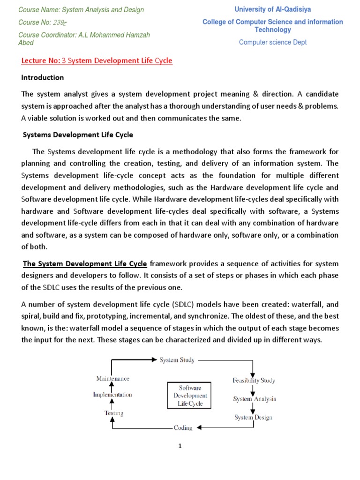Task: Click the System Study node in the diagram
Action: pos(177,360)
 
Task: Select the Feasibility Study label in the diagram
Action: pos(254,381)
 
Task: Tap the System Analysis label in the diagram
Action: pos(255,399)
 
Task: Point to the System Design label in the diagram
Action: pos(253,417)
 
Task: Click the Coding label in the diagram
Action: pos(182,427)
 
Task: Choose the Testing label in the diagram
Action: pos(113,413)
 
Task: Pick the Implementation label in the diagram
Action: pos(112,395)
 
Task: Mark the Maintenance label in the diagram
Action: pos(112,378)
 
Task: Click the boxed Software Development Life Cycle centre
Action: pos(187,396)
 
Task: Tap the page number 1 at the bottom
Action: pos(180,446)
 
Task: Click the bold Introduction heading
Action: pos(43,77)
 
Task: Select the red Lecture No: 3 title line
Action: pos(97,60)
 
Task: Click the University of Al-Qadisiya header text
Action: pos(272,9)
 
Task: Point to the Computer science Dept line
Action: pos(273,42)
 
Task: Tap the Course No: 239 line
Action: pos(41,22)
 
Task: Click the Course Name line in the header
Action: pos(81,10)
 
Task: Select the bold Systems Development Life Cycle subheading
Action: pos(78,135)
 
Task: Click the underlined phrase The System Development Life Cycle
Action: pos(85,263)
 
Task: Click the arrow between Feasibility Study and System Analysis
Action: pos(253,390)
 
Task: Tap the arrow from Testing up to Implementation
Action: pos(112,404)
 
